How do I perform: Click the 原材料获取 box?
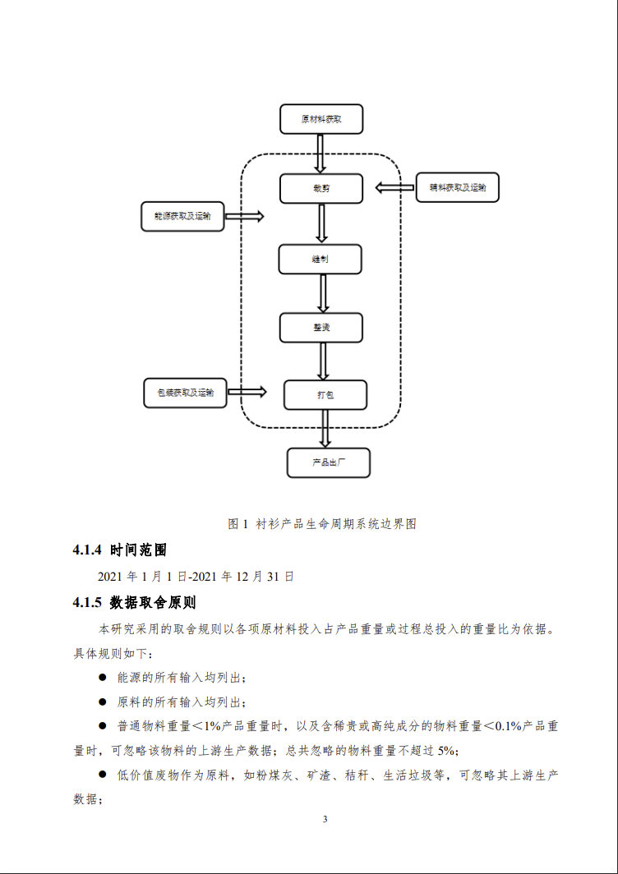point(321,119)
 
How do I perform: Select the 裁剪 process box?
point(321,188)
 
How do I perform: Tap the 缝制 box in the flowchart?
point(321,259)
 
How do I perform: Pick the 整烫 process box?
point(321,327)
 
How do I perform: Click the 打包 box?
point(325,395)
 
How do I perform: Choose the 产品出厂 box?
point(329,462)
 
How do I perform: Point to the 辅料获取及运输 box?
point(458,187)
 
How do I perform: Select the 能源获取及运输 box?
point(182,216)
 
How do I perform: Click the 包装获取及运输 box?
point(185,393)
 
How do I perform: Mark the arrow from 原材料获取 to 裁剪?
point(321,153)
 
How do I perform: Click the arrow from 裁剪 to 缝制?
point(321,223)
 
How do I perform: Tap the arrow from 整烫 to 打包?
point(322,361)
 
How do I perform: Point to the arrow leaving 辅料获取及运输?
point(395,188)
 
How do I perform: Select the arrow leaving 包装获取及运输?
point(247,393)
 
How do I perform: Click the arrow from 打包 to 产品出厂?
point(325,429)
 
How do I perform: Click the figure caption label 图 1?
point(238,523)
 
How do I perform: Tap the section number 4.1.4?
point(87,550)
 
